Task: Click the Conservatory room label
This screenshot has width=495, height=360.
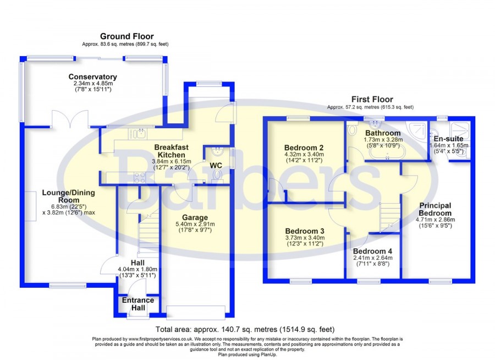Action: (x=92, y=77)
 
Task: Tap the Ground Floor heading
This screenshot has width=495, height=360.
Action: (x=127, y=36)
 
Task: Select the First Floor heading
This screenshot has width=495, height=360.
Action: (x=372, y=99)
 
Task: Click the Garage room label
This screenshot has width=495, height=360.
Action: (x=195, y=217)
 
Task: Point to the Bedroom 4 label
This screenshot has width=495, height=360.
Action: (x=372, y=251)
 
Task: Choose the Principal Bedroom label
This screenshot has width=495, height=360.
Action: (x=435, y=209)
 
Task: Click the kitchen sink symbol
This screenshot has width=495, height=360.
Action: (x=137, y=134)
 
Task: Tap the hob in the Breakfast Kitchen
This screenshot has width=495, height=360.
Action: (x=139, y=178)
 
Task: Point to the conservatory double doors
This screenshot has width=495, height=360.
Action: (x=70, y=118)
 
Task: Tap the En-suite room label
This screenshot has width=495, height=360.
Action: (x=448, y=139)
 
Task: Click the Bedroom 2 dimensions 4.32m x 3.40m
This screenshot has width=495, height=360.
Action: (x=304, y=154)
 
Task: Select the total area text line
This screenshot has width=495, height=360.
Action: (x=245, y=330)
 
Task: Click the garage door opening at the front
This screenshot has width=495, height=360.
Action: (x=196, y=312)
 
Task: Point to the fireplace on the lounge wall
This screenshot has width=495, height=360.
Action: (x=30, y=206)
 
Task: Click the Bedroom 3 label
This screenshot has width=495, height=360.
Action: (x=305, y=231)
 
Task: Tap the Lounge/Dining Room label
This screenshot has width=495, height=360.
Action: (x=69, y=197)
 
